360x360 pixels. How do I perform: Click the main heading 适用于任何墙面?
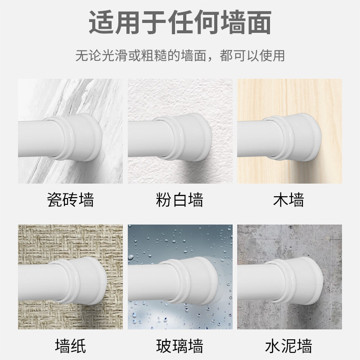tap(180, 22)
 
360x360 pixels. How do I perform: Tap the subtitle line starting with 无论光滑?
tap(180, 56)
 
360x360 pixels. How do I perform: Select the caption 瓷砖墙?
tap(71, 199)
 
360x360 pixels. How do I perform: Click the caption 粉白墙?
tap(180, 199)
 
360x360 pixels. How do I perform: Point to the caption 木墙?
tap(288, 199)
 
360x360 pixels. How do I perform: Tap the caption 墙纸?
tap(71, 346)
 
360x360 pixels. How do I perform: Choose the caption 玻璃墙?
tap(180, 346)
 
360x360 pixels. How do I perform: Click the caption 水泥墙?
tap(288, 346)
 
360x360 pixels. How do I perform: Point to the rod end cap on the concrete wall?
tap(296, 280)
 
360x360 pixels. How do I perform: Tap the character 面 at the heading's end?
tap(258, 22)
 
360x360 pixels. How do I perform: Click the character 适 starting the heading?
tap(101, 22)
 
